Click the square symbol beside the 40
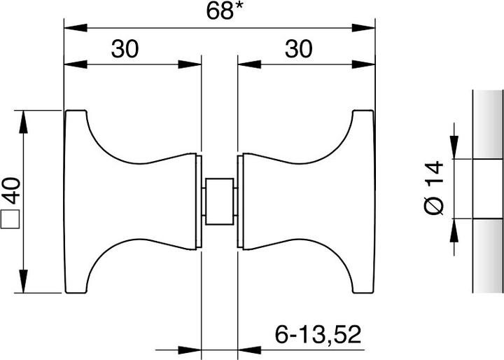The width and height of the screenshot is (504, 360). pyautogui.click(x=10, y=220)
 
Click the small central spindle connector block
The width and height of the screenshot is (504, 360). pyautogui.click(x=219, y=202)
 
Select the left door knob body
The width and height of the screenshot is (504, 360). pyautogui.click(x=126, y=202)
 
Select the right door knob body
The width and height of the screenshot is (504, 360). pyautogui.click(x=308, y=202)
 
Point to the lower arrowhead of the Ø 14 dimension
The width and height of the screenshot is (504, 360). pyautogui.click(x=455, y=228)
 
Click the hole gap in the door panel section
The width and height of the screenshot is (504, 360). pyautogui.click(x=488, y=188)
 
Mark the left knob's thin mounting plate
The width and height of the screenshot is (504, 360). pyautogui.click(x=197, y=202)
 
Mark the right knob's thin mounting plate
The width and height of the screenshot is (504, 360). pyautogui.click(x=240, y=202)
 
